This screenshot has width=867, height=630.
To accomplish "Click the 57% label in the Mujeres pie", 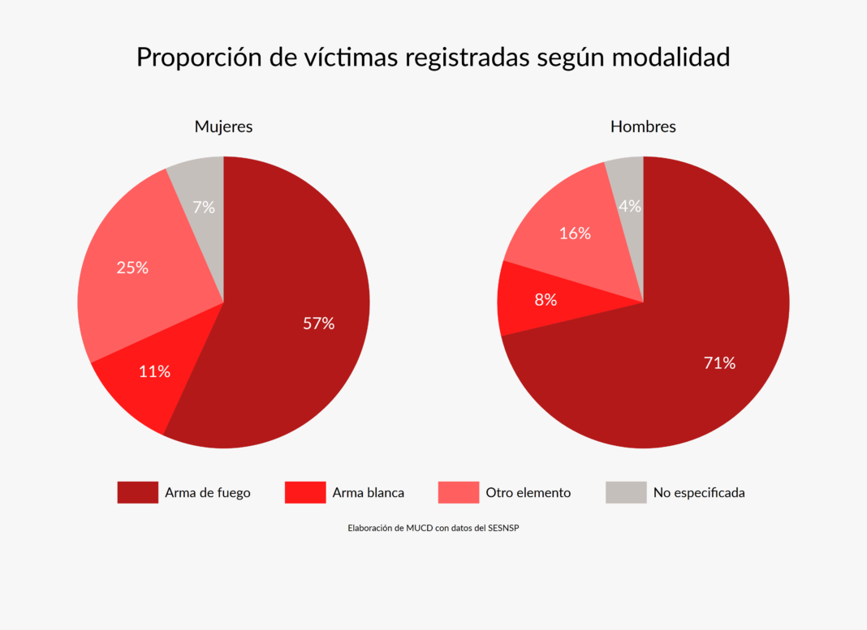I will (x=318, y=324).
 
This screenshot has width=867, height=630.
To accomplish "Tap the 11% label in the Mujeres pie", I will (x=154, y=371).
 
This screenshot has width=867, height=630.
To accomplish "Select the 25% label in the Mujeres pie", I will (x=132, y=268).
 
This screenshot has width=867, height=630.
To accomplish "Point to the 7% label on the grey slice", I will (x=204, y=208).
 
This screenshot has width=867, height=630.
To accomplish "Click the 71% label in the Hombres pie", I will (x=719, y=363).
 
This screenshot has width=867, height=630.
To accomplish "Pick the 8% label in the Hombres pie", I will (x=546, y=300).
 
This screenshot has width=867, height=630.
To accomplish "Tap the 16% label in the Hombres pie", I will (x=575, y=234).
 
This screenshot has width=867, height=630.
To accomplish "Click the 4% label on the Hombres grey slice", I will (x=630, y=207).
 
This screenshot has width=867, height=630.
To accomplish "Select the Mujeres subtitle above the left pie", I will (x=223, y=126).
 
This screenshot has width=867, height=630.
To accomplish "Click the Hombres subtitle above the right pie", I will (x=643, y=126).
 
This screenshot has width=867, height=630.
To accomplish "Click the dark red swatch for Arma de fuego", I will (x=137, y=492).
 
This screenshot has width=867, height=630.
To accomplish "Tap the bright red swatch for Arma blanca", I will (x=305, y=492).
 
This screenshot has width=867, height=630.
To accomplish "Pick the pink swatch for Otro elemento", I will (x=459, y=492).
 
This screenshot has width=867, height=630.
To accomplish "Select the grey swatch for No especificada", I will (x=626, y=492).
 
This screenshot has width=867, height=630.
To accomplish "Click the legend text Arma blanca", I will (x=368, y=492).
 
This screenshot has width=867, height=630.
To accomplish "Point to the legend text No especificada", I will (x=699, y=492).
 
